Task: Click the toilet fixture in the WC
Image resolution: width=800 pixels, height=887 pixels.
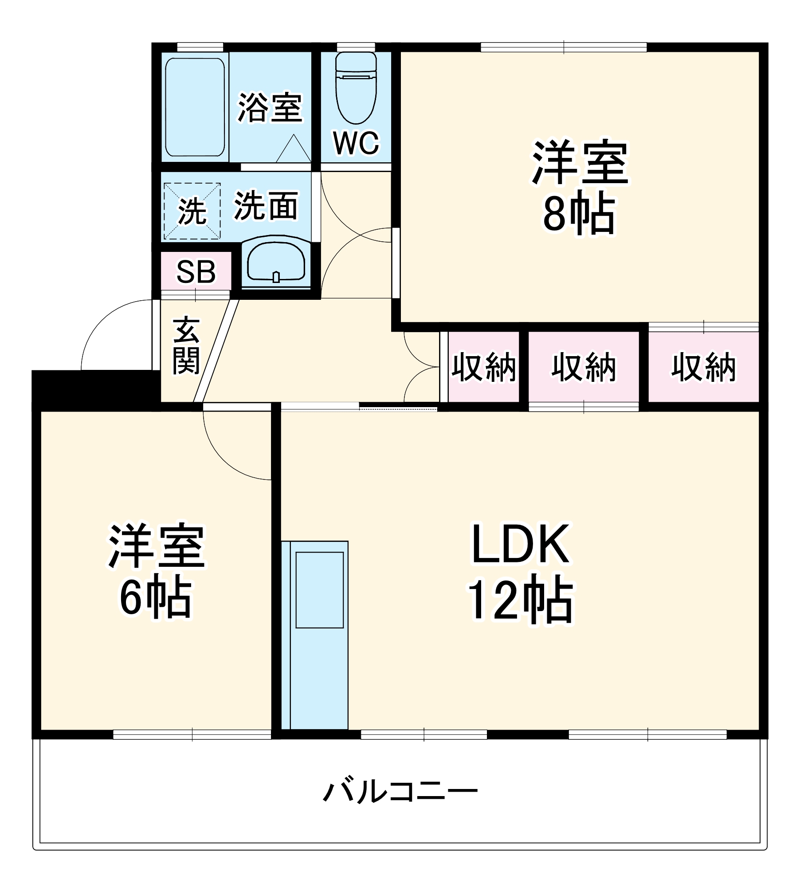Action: [356, 89]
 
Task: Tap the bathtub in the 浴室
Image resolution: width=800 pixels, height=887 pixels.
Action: [195, 107]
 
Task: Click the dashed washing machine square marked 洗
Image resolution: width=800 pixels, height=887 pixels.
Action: [192, 211]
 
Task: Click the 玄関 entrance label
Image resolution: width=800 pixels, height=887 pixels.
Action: [186, 346]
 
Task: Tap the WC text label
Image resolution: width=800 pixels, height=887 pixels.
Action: [356, 143]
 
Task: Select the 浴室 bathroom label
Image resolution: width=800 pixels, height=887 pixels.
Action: [270, 107]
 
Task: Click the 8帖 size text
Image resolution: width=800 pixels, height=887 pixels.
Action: [579, 215]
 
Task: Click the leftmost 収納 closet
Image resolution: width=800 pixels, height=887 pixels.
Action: [483, 367]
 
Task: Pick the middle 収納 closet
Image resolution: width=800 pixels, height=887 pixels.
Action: [584, 367]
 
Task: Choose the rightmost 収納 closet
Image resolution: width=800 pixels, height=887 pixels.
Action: [703, 367]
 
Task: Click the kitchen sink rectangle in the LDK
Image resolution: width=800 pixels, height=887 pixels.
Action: [319, 590]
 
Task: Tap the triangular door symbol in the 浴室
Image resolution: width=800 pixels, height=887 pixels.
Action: [293, 150]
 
